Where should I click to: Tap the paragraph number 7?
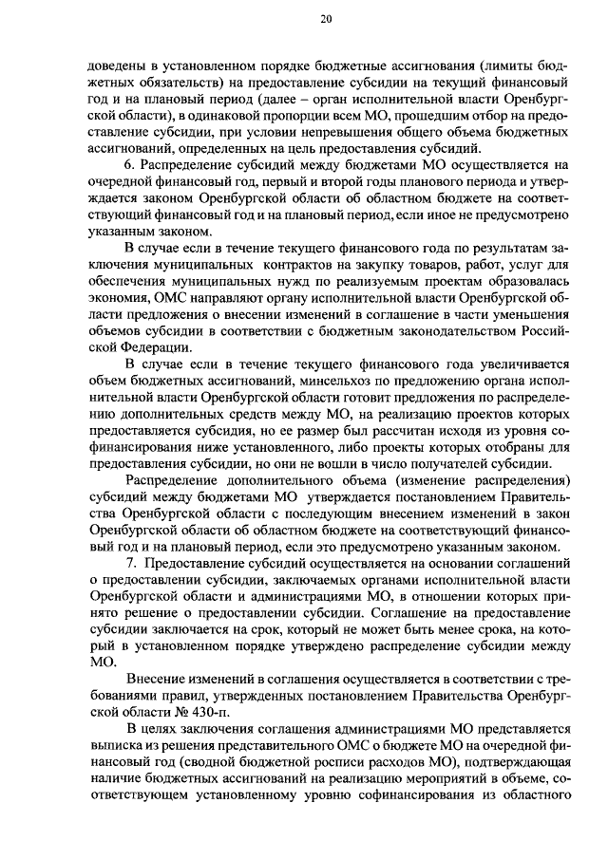[131, 563]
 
